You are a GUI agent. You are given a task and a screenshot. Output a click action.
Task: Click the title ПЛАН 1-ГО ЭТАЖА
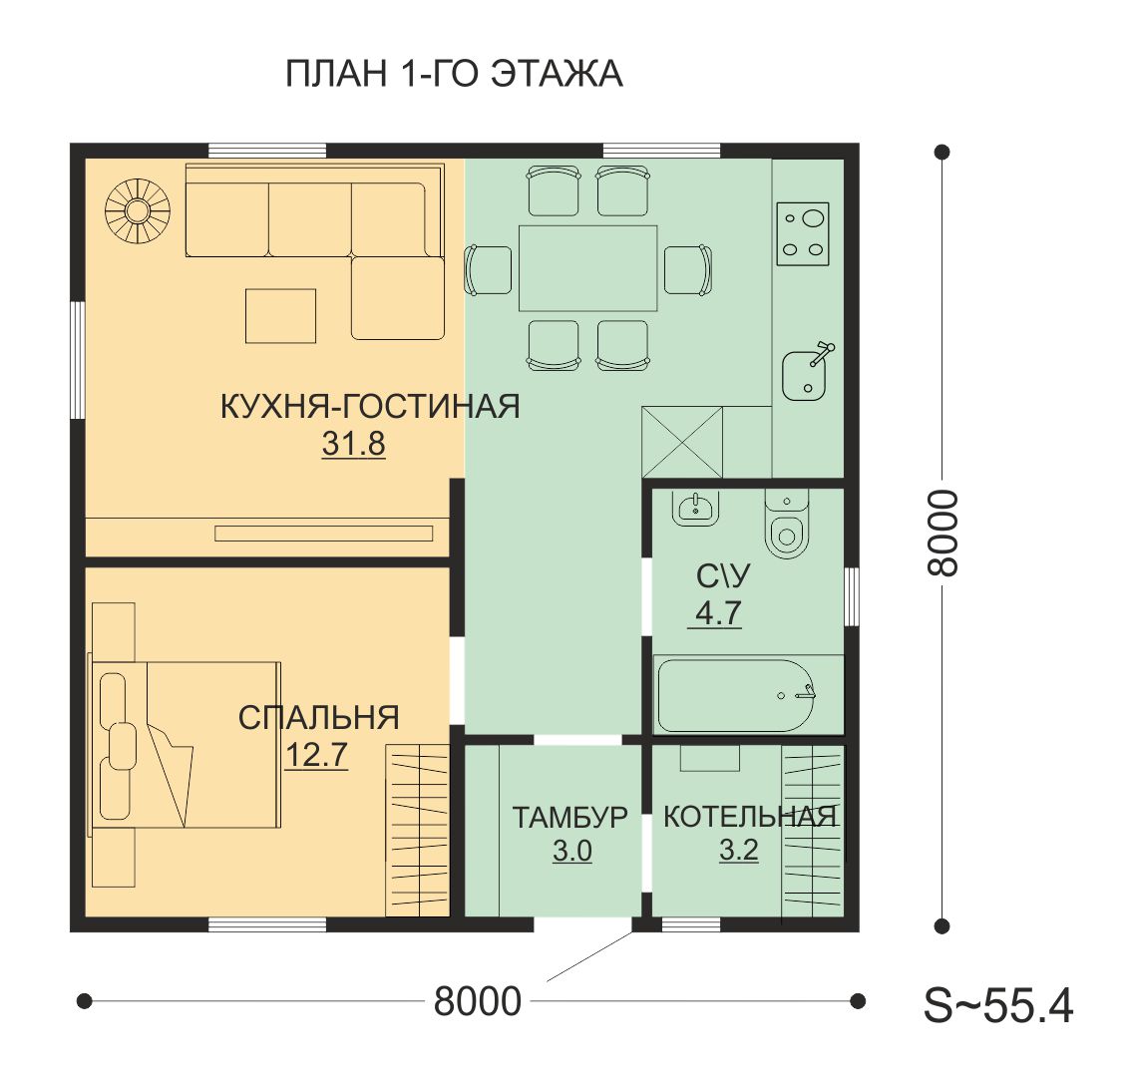[454, 74]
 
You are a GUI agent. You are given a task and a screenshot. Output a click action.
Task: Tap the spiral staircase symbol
[138, 210]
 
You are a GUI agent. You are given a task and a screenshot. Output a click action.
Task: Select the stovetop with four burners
[803, 233]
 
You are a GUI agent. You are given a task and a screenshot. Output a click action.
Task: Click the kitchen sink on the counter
[807, 372]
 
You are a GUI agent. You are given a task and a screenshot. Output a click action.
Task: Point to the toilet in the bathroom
[787, 525]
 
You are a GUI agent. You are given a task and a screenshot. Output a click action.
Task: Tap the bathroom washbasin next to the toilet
[695, 508]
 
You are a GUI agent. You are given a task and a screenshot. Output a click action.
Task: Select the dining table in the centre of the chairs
[587, 268]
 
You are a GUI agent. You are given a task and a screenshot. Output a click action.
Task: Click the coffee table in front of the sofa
[281, 316]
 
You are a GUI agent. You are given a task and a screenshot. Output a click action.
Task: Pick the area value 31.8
[353, 444]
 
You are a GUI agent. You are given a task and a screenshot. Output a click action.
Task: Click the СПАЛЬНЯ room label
[318, 718]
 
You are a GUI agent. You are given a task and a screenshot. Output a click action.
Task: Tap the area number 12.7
[317, 755]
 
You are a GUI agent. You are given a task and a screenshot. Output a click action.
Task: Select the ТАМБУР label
[569, 818]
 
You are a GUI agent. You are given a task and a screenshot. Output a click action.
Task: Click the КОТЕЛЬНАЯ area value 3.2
[739, 850]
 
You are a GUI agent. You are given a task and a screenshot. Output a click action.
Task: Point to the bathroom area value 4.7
[718, 613]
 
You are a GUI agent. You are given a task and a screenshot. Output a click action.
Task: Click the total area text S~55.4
[998, 1005]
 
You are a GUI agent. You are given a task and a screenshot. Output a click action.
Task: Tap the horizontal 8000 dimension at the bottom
[478, 1001]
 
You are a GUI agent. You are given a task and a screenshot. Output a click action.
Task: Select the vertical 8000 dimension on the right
[941, 533]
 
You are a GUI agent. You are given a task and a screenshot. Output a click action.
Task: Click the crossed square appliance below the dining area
[682, 442]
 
